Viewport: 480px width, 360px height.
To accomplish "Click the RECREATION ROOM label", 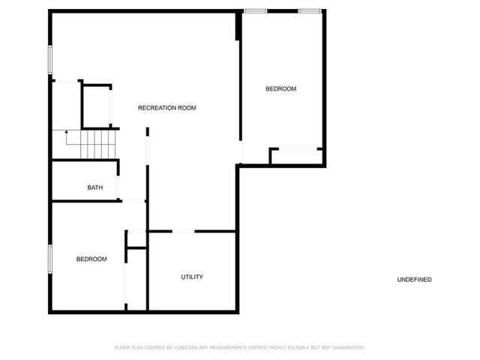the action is point(166,108).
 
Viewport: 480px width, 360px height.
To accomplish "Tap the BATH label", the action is point(95,187).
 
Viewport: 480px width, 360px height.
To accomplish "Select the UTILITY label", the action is point(192,277).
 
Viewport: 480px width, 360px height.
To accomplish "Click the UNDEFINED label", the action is point(414,280).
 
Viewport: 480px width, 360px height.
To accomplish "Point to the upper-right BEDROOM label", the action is point(281,88).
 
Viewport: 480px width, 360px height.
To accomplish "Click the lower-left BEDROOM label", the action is point(91,259).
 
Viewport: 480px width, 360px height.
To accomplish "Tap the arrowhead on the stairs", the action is point(67,132).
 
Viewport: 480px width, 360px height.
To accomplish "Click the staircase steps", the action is point(98,145).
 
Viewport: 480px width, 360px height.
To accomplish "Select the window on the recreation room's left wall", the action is point(50,60).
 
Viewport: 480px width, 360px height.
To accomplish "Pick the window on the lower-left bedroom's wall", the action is point(50,259).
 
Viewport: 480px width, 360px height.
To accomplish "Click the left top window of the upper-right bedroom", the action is point(255,11).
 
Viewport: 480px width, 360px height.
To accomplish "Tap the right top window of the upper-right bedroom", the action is point(310,11).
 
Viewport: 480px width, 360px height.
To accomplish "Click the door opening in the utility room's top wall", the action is point(183,231).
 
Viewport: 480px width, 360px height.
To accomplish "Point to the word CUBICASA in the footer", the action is point(185,347).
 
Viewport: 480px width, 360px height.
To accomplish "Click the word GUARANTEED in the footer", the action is point(349,347).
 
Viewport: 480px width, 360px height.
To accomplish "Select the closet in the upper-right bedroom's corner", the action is point(297,157).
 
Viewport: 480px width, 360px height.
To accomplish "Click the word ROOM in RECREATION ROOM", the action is point(187,108).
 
